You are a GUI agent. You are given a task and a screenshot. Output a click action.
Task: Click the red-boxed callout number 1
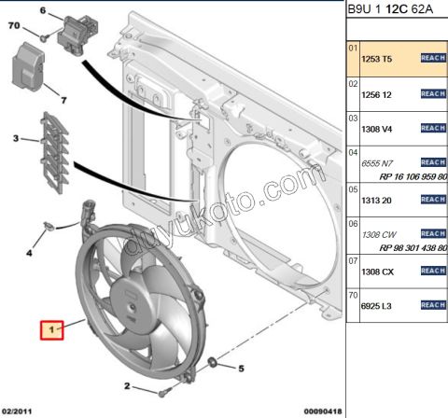(51, 329)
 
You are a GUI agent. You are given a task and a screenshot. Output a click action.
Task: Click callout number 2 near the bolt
(127, 386)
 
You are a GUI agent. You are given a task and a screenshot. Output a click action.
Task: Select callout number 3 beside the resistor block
(15, 139)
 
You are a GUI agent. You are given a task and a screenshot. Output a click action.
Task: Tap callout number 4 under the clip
(29, 252)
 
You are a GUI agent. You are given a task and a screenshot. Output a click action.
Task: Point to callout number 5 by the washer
(240, 369)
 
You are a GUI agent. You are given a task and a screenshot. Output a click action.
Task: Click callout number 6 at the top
(42, 10)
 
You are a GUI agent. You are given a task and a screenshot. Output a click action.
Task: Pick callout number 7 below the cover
(64, 99)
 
